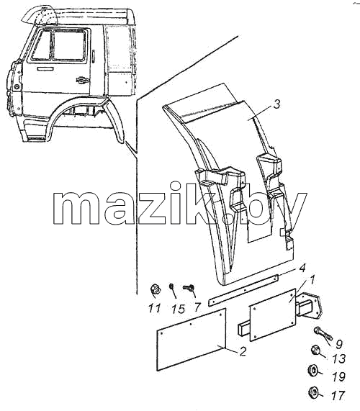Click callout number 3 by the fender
(276, 104)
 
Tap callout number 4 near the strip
(302, 268)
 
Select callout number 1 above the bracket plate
(312, 280)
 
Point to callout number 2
(243, 351)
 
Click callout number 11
(154, 308)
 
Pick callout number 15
(179, 309)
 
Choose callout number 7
(197, 307)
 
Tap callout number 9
(339, 344)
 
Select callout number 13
(338, 358)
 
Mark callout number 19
(338, 376)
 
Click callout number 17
(338, 396)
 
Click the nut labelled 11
(156, 289)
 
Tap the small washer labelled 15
(172, 286)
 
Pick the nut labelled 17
(312, 392)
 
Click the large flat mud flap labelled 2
(191, 339)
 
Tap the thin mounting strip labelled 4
(243, 290)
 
